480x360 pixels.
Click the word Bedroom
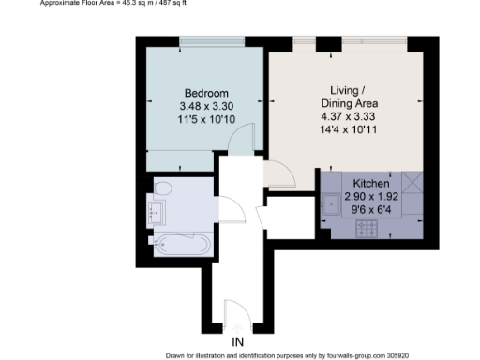(205, 93)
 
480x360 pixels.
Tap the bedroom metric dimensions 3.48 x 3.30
(205, 106)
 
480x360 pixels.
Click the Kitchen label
(370, 184)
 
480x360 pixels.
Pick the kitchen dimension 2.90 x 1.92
(370, 197)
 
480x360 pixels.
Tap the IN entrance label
(238, 340)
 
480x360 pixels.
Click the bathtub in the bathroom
(181, 246)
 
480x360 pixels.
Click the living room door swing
(280, 173)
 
